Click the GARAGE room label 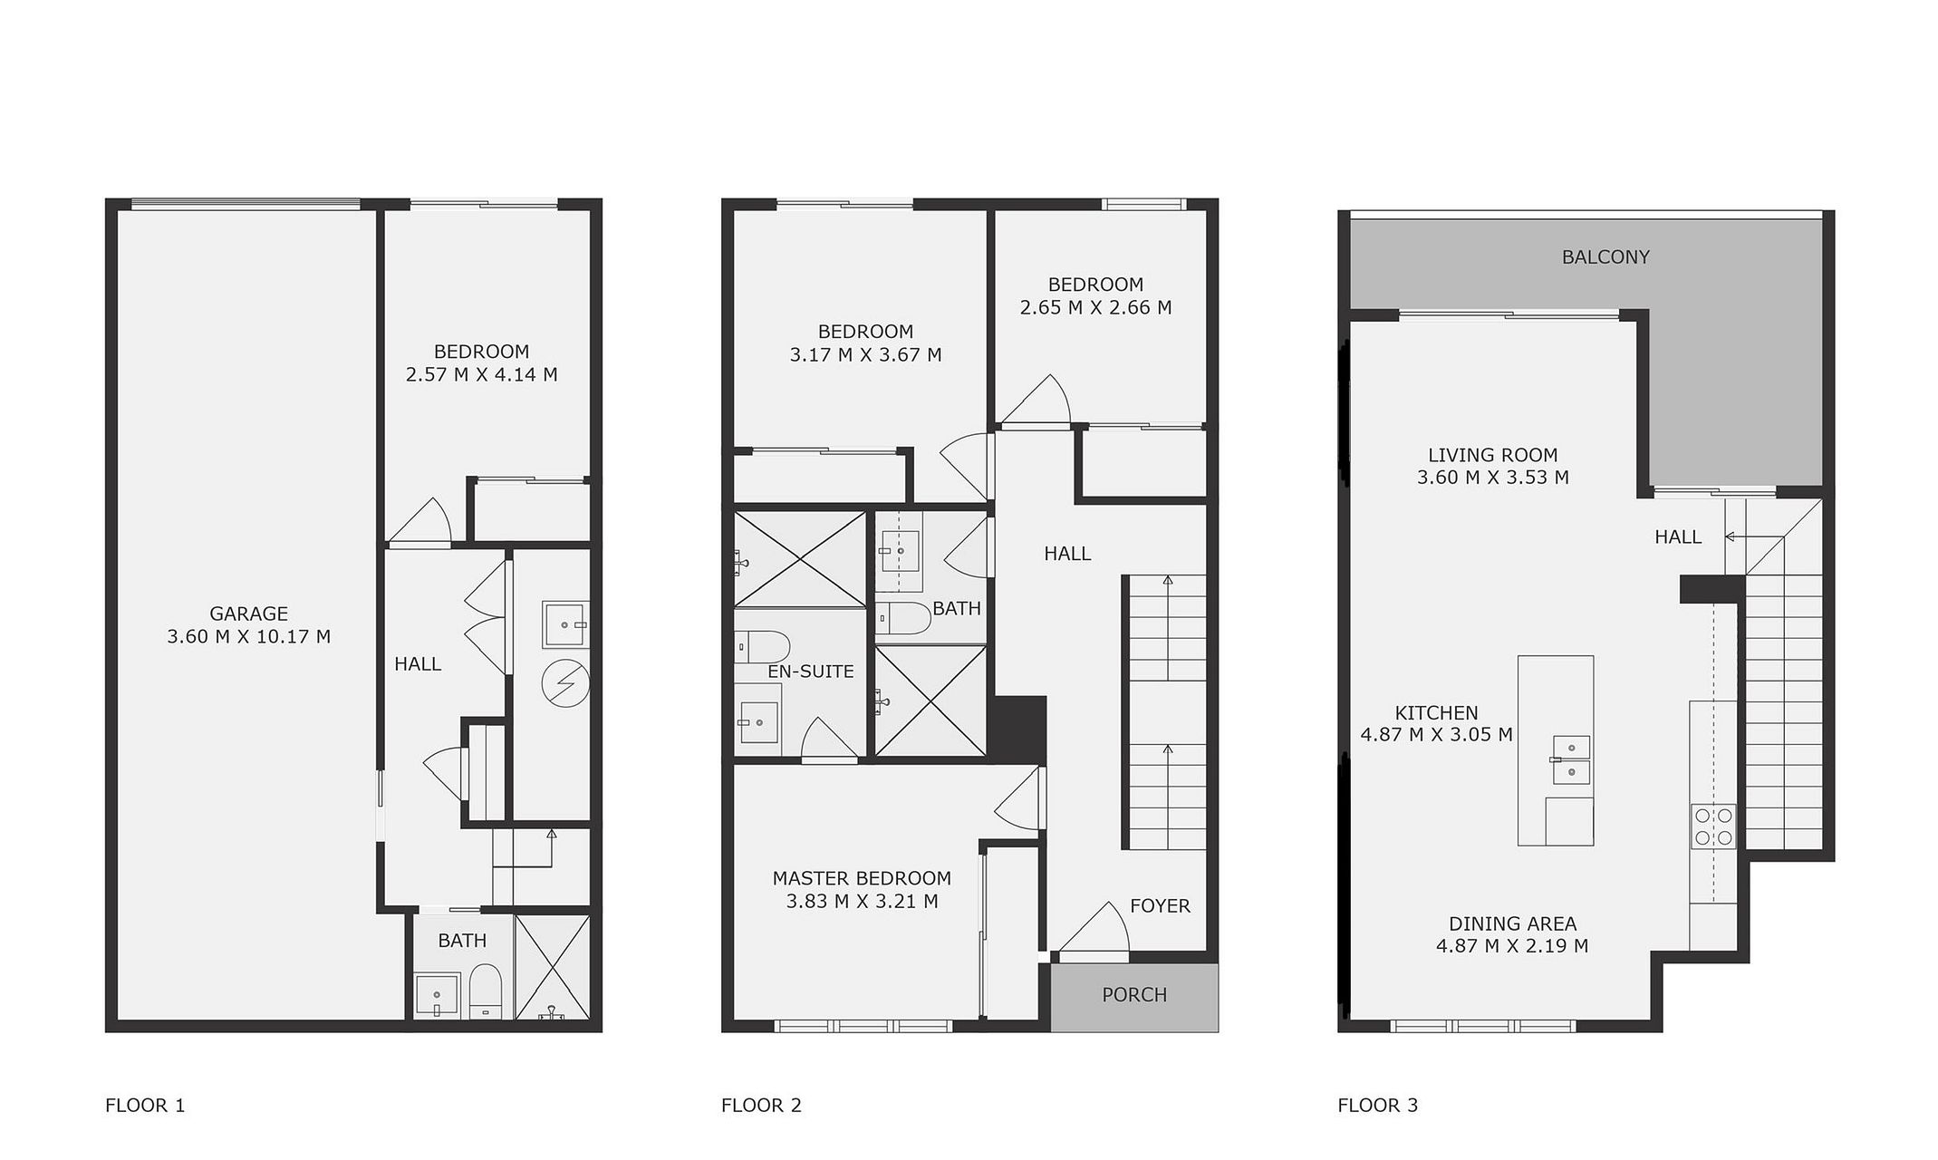[248, 614]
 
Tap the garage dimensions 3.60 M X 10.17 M [248, 637]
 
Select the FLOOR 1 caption [145, 1106]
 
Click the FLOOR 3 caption [1377, 1106]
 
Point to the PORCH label [1134, 995]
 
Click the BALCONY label [1605, 257]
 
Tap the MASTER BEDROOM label [862, 878]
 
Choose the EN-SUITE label [811, 672]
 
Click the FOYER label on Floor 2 [1160, 906]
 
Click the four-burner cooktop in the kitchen [1713, 826]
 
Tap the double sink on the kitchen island [1571, 759]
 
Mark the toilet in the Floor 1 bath [486, 991]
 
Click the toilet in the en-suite [762, 647]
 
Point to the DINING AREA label [1512, 924]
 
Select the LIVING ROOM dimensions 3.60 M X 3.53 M [1493, 478]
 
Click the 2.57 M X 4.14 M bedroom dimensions [481, 375]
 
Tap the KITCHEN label [1436, 713]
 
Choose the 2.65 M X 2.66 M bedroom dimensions [1095, 308]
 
